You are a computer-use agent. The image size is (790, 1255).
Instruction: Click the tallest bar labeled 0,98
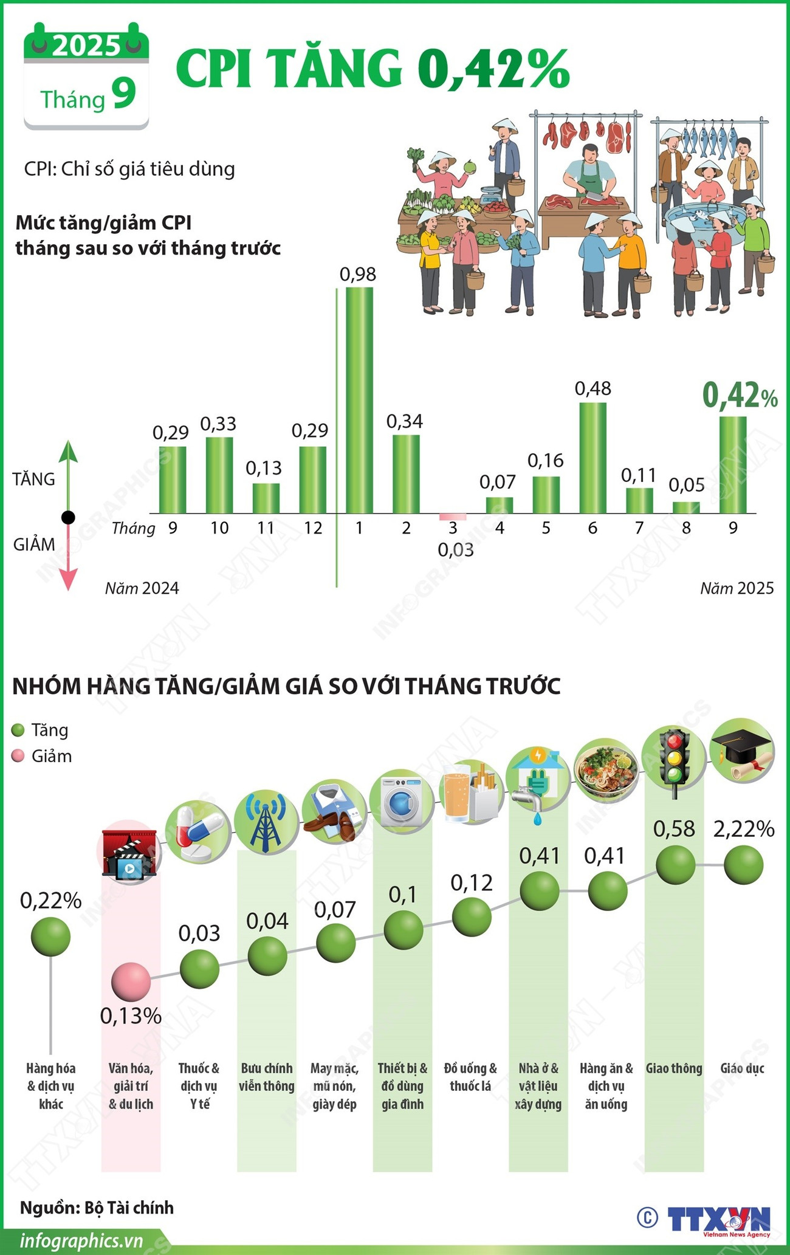pos(359,400)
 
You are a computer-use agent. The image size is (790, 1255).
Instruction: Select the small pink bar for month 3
pos(453,517)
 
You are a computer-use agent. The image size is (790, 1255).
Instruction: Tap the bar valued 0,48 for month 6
pos(592,458)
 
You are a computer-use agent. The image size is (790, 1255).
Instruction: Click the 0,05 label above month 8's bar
pos(687,485)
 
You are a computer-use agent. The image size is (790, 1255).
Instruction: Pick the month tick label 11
pos(266,528)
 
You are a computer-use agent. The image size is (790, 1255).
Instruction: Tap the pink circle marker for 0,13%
pos(131,982)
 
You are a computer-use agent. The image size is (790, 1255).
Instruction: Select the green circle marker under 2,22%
pos(743,865)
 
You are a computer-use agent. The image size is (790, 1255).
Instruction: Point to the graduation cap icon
pos(742,751)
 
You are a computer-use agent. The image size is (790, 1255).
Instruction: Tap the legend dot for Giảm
pos(18,756)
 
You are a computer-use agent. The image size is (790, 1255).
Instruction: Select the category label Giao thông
pos(674,1068)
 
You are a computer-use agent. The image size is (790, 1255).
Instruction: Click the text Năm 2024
pos(142,588)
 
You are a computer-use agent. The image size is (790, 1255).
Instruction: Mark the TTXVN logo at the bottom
pos(718,1217)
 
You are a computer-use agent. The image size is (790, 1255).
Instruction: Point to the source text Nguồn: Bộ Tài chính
pos(97,1208)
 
